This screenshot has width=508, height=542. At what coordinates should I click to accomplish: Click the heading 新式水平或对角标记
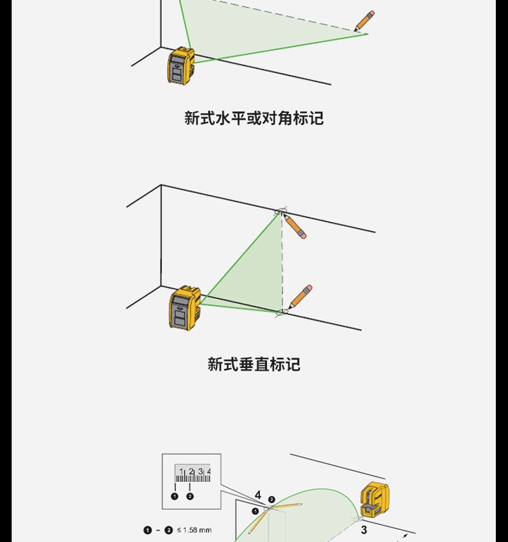click(x=254, y=118)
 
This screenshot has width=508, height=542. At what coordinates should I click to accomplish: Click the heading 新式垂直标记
click(x=254, y=365)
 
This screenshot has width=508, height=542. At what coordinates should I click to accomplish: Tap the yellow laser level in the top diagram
click(x=181, y=66)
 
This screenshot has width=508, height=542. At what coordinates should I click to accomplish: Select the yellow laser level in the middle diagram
click(x=184, y=308)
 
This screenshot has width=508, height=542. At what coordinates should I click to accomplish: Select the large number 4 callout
click(x=258, y=496)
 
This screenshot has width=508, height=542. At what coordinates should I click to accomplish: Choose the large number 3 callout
click(x=364, y=530)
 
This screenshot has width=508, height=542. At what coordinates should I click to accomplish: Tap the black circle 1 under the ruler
click(x=175, y=496)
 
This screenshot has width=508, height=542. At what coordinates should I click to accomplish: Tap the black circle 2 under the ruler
click(x=190, y=496)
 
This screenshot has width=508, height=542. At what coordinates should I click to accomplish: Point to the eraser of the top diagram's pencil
click(x=371, y=14)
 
